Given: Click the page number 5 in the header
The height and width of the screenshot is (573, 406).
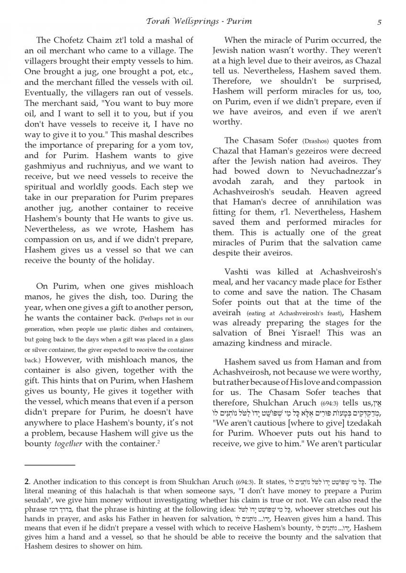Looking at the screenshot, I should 379,21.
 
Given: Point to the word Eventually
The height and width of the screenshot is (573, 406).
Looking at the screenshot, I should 46,93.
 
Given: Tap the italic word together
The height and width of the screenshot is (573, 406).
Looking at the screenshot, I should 66,444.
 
